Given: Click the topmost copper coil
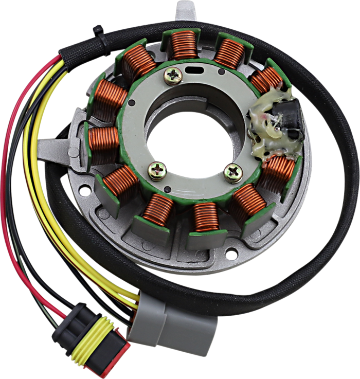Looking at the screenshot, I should click(184, 45).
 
